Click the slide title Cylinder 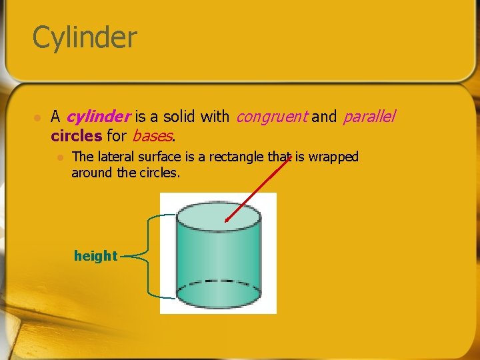(x=84, y=37)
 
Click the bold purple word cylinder (x=98, y=117)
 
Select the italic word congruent (x=271, y=117)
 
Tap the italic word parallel (x=369, y=117)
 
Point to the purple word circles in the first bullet (x=76, y=136)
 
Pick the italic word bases (x=153, y=136)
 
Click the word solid (x=179, y=117)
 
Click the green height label (x=95, y=255)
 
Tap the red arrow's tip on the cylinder (x=226, y=221)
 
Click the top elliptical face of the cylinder (x=217, y=217)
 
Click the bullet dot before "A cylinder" (x=37, y=117)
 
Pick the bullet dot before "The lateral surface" (x=60, y=157)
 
